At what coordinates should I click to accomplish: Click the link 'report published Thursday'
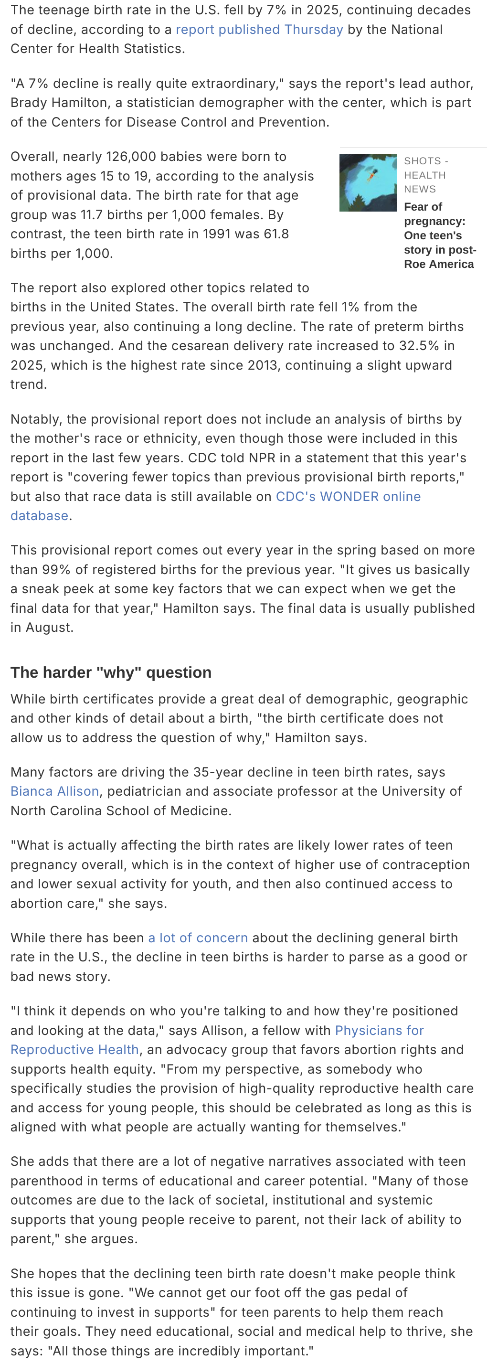(x=259, y=30)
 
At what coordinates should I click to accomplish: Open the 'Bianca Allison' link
(x=54, y=791)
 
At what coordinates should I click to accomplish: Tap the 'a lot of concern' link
(x=198, y=938)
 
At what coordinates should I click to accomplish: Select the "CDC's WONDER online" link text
(x=349, y=497)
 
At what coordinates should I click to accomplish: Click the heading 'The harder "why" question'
(x=111, y=672)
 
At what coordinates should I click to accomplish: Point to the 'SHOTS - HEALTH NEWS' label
(x=425, y=175)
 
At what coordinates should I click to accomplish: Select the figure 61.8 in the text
(x=272, y=234)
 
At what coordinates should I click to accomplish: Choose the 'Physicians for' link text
(x=380, y=1031)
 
